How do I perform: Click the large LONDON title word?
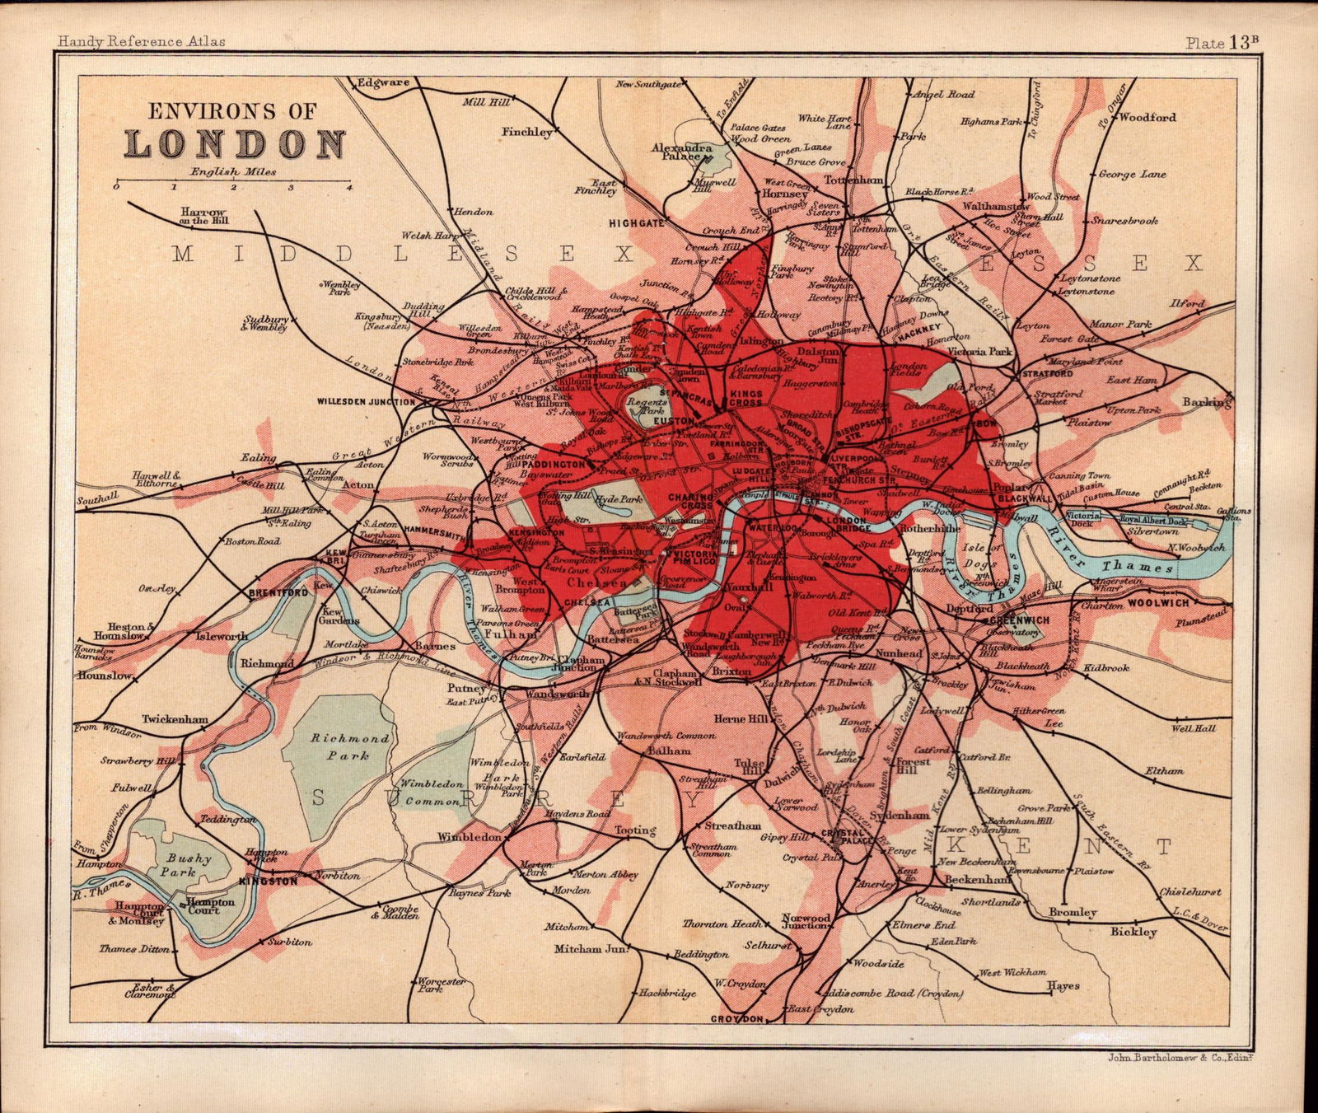click(236, 143)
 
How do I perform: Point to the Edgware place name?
click(382, 82)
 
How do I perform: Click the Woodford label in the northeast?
click(1147, 117)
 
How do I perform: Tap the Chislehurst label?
click(1189, 891)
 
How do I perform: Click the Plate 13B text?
click(1222, 44)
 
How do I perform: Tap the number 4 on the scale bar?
click(350, 189)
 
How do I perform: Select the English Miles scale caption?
click(234, 172)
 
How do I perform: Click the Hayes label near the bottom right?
click(1063, 985)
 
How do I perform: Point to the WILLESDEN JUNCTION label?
click(366, 402)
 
